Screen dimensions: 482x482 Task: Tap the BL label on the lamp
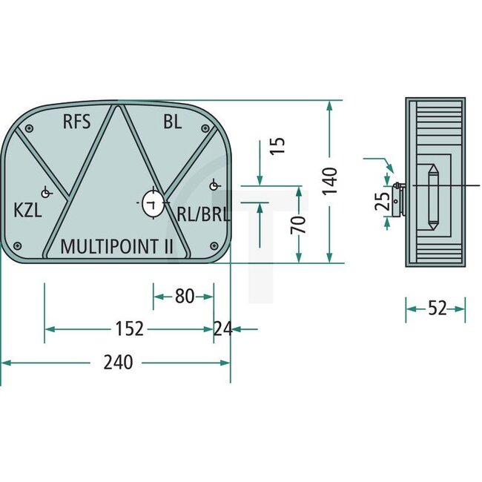click(x=172, y=122)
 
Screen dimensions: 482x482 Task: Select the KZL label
click(x=27, y=210)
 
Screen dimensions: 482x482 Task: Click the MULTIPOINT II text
click(x=116, y=246)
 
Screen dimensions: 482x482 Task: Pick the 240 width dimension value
click(x=118, y=363)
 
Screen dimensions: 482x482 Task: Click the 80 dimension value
click(x=183, y=297)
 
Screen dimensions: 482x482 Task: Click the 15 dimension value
click(x=277, y=145)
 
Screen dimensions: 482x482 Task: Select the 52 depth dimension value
click(x=437, y=308)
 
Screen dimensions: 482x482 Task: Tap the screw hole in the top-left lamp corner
click(x=28, y=129)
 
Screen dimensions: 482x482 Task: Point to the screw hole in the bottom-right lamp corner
click(x=213, y=245)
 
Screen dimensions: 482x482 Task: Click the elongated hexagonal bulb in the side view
click(x=432, y=197)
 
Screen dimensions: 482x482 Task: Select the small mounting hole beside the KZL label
click(x=46, y=194)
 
